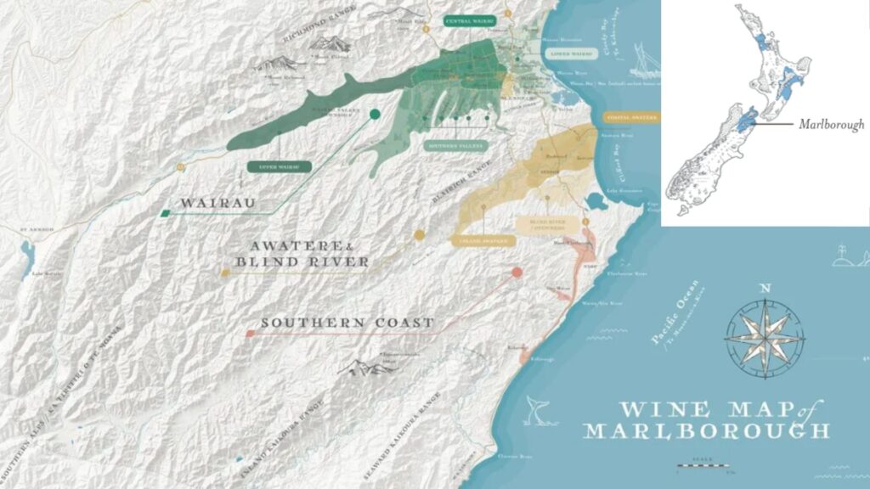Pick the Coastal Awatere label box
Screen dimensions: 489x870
[x=631, y=117]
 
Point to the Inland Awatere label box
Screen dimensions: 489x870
[x=482, y=241]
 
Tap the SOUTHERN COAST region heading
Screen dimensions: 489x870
[x=347, y=323]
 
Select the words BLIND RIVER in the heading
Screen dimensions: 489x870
[x=303, y=261]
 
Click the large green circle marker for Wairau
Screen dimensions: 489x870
[x=374, y=115]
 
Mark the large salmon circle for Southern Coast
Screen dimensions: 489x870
[x=517, y=273]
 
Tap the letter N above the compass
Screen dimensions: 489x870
[x=765, y=288]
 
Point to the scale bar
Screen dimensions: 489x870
[x=703, y=465]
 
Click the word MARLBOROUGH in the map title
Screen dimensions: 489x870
[x=705, y=430]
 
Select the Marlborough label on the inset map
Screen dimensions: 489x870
[x=831, y=124]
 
